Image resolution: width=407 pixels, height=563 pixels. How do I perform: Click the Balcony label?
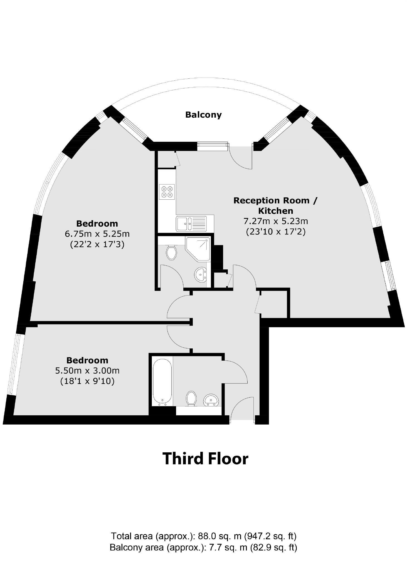point(203,115)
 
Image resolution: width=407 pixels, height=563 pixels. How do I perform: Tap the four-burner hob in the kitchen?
point(167,192)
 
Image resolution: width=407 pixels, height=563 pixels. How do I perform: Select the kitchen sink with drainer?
point(191,224)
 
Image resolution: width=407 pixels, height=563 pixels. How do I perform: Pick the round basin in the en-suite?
point(200,274)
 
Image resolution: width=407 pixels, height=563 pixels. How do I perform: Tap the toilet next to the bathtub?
point(191,398)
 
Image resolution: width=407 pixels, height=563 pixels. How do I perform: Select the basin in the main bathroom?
point(211,400)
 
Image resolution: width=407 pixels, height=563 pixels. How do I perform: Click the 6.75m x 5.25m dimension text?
point(97,234)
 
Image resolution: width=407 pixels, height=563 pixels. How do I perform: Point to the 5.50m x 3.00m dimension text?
point(87,371)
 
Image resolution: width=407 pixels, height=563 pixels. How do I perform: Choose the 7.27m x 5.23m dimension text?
point(276,221)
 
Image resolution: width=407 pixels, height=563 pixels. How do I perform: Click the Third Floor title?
point(205,458)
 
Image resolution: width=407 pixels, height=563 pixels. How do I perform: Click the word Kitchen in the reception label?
point(275,211)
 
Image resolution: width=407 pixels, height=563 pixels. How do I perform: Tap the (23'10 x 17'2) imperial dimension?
point(276,232)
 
